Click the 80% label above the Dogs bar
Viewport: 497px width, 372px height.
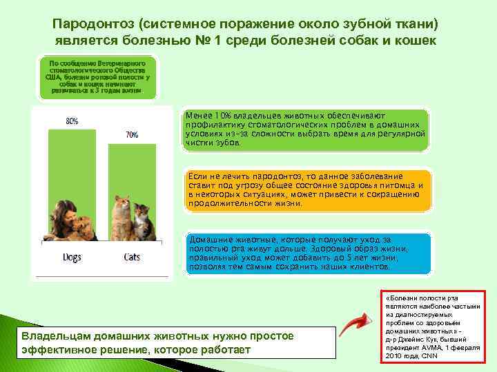(x=72, y=121)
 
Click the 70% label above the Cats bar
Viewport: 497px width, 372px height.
(x=132, y=135)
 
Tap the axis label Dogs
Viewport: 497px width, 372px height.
(x=71, y=257)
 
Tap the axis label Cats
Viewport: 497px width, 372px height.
(x=132, y=257)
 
